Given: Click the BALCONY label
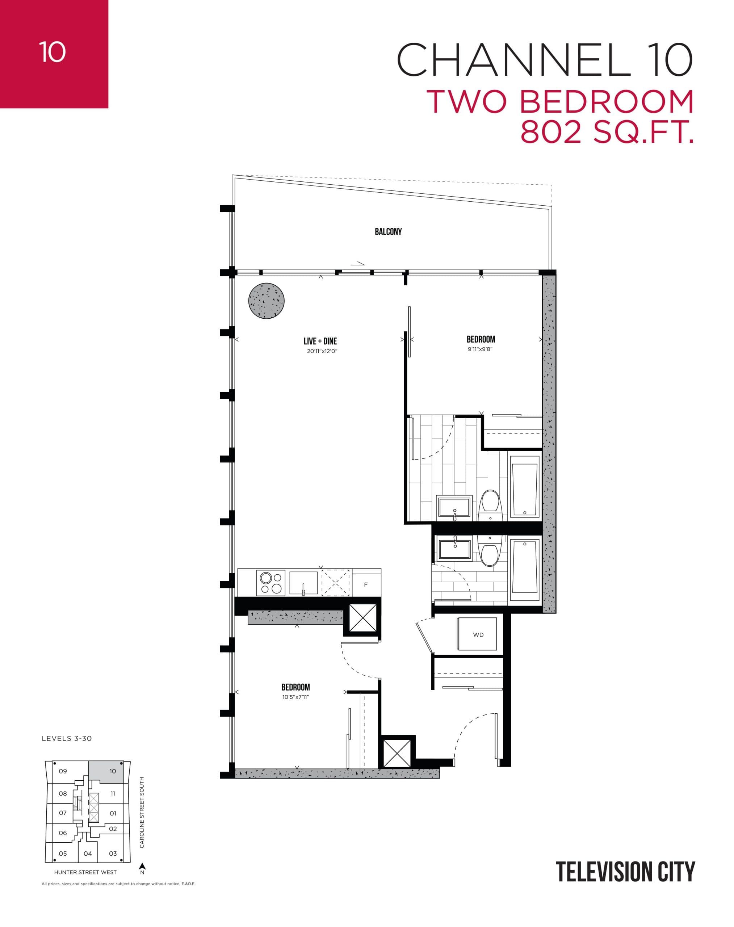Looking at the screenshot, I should pyautogui.click(x=388, y=232).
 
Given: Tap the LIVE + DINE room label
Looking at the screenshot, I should pyautogui.click(x=320, y=341).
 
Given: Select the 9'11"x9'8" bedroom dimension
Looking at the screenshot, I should pyautogui.click(x=480, y=349).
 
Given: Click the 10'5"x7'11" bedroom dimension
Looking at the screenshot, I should pyautogui.click(x=295, y=697).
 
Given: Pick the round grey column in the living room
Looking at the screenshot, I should pyautogui.click(x=267, y=301).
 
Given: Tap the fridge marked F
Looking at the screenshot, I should pyautogui.click(x=366, y=584).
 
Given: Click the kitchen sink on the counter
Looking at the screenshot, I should pyautogui.click(x=303, y=583).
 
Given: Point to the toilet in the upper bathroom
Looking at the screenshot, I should pyautogui.click(x=490, y=504).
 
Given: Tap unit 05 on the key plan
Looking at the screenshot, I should pyautogui.click(x=63, y=853).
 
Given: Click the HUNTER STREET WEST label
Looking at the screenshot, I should pyautogui.click(x=85, y=872).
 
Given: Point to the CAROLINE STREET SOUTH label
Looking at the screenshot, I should pyautogui.click(x=142, y=812).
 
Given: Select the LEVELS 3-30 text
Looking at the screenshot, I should pyautogui.click(x=67, y=739).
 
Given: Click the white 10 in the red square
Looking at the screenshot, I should pyautogui.click(x=53, y=53).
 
